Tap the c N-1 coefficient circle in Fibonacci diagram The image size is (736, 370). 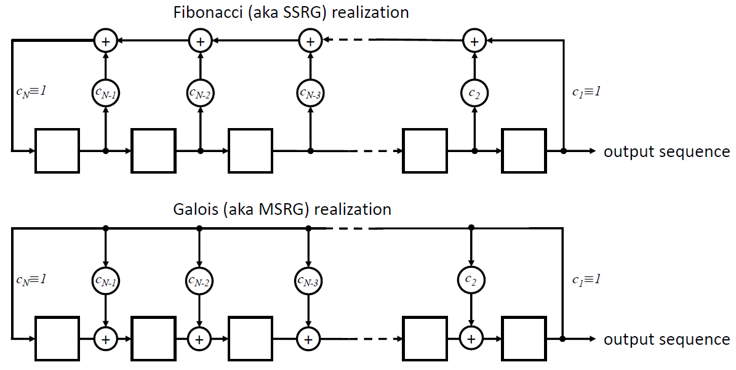pos(106,93)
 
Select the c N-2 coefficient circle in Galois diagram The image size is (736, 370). pos(199,281)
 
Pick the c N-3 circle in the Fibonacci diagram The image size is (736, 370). pos(310,93)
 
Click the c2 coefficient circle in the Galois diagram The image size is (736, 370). pos(472,281)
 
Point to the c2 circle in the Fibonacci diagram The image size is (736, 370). pos(474,93)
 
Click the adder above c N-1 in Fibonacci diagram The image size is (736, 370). pos(106,41)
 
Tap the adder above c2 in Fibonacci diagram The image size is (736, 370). pos(474,41)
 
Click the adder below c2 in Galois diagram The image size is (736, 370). pos(471,338)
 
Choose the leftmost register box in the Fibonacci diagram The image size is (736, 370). pos(57,150)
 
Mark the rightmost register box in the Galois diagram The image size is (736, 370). pos(524,338)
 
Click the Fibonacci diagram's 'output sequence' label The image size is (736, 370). pos(666,151)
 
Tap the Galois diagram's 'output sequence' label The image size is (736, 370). pos(666,339)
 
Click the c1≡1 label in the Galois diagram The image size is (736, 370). pos(585,280)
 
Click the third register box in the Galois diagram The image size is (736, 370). pos(250,338)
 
